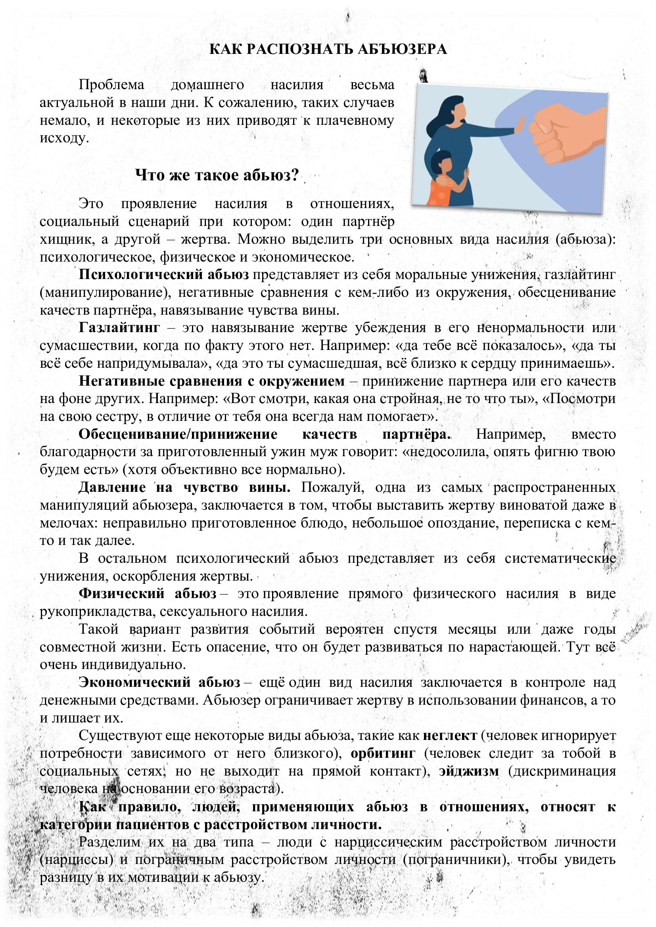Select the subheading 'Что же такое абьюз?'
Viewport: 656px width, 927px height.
point(217,175)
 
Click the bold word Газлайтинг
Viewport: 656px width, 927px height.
point(119,327)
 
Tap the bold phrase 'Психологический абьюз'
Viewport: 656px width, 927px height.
point(163,275)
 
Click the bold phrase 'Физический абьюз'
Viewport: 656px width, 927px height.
point(148,594)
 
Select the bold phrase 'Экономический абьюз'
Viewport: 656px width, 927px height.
point(159,682)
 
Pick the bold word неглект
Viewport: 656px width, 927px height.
point(450,736)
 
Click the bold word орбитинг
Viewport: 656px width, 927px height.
point(382,753)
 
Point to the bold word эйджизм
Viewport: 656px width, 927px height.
point(469,771)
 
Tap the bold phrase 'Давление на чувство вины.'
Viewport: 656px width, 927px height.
point(184,487)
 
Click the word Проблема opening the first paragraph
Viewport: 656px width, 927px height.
point(111,85)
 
